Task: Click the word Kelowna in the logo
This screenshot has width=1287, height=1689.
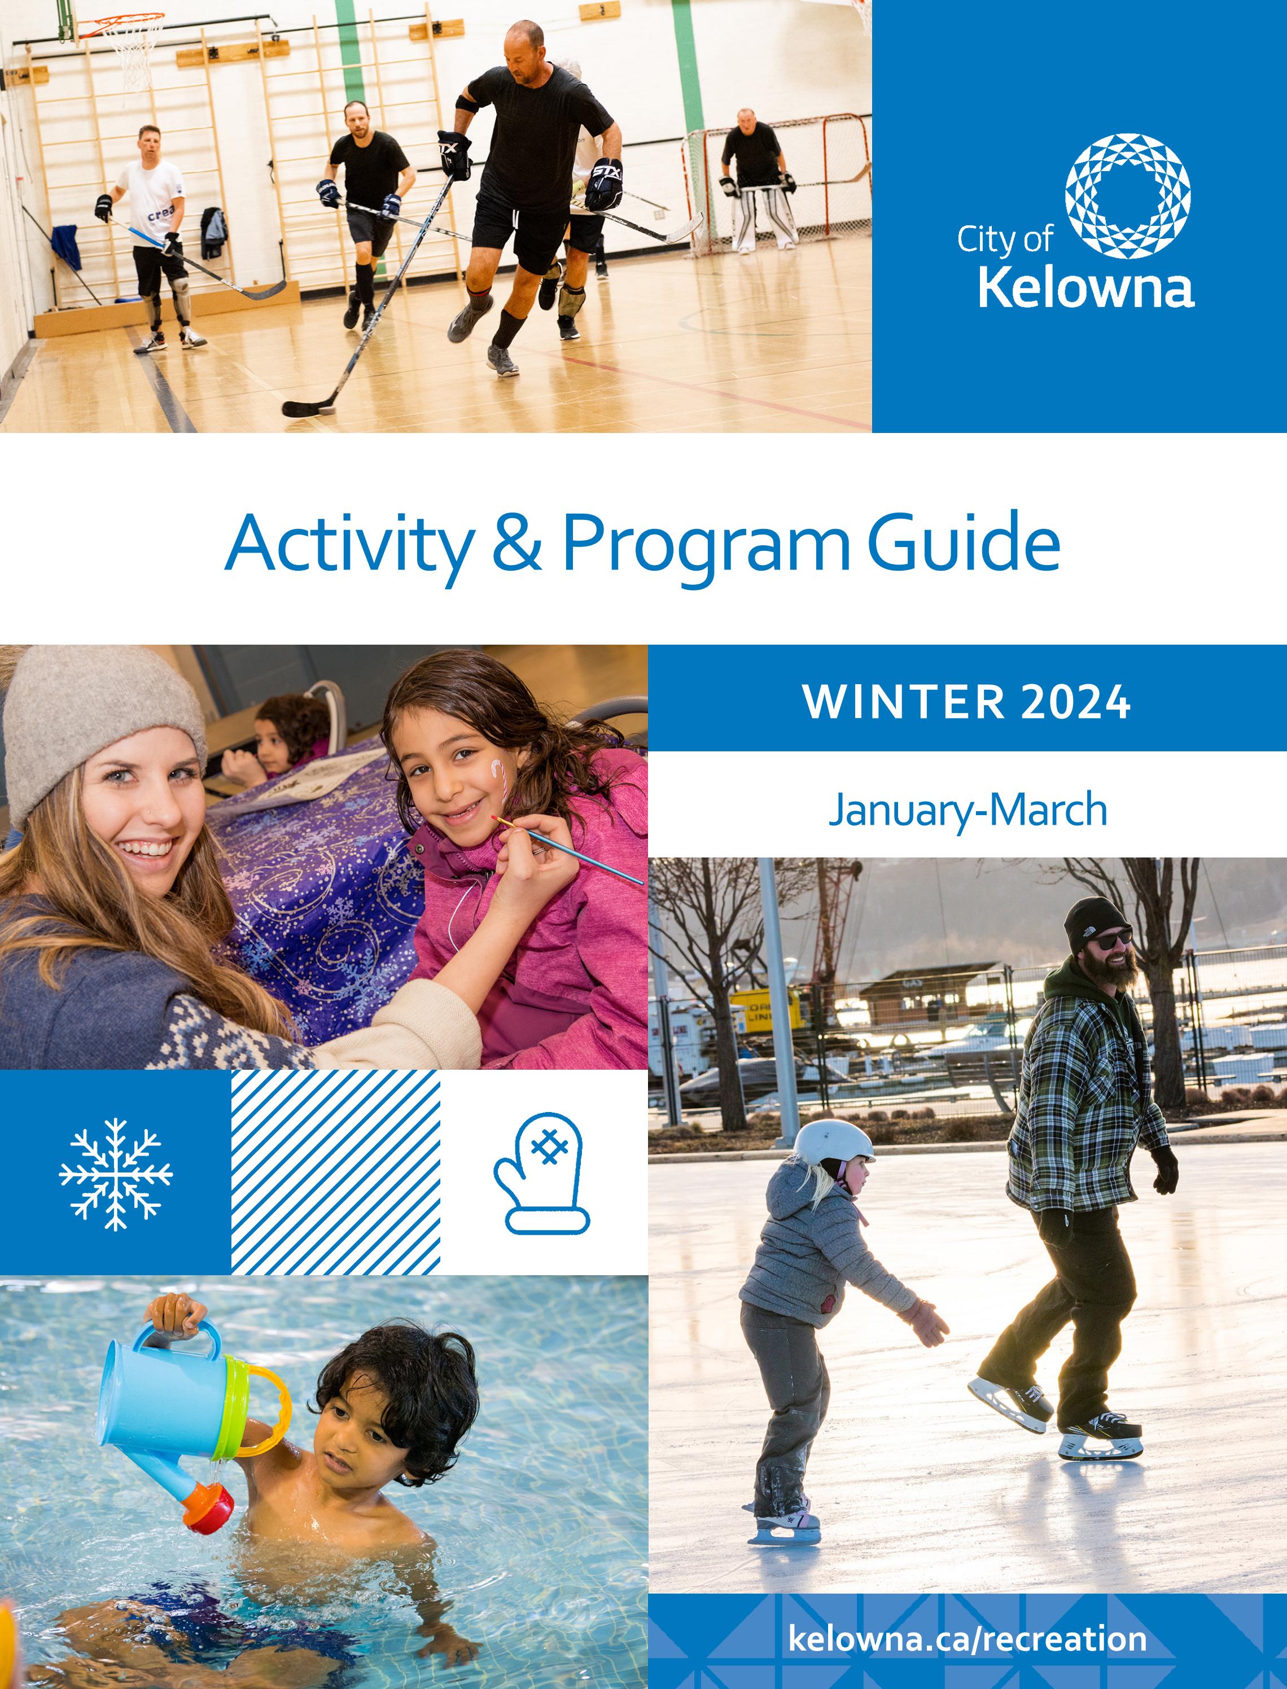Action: [1086, 289]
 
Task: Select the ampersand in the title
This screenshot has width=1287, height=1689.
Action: [517, 543]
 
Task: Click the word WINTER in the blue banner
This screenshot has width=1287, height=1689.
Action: [903, 702]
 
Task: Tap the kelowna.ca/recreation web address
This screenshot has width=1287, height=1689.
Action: [968, 1639]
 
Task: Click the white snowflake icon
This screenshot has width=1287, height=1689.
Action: [116, 1174]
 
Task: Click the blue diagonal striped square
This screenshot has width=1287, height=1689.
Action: [335, 1172]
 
